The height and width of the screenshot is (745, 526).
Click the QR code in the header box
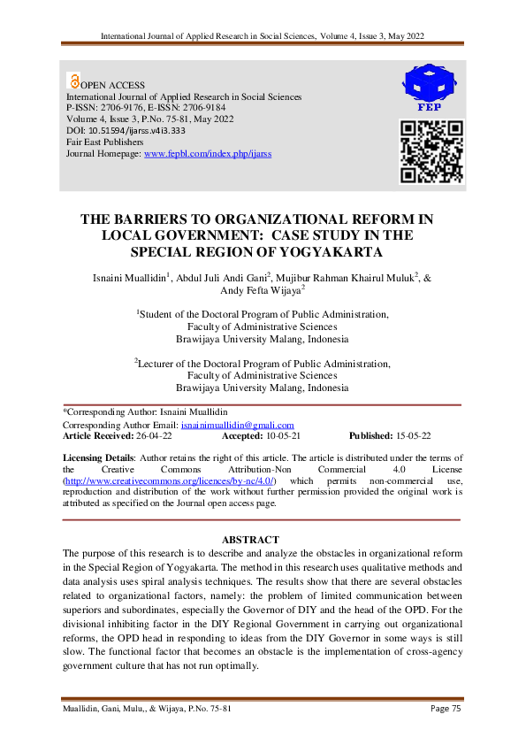point(432,151)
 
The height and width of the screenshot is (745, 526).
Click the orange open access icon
point(73,81)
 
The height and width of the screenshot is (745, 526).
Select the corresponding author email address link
point(237,426)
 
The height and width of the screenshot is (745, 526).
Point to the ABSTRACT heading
point(251,539)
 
